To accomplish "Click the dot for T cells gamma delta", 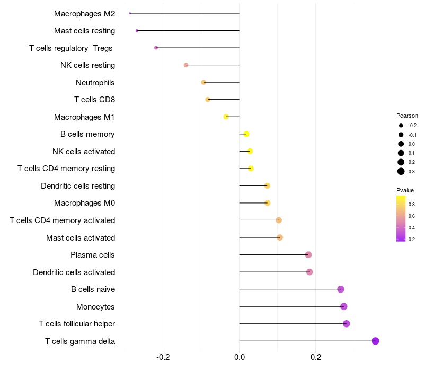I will tap(375, 341).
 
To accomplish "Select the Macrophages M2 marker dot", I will tap(130, 13).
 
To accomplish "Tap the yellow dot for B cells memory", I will tap(246, 134).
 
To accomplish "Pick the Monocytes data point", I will tap(343, 306).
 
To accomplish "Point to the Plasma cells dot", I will tap(308, 255).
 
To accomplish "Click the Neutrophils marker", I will tap(204, 82).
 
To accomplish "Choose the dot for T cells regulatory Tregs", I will tap(156, 48).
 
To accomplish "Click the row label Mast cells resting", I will tap(84, 31).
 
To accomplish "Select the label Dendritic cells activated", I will tap(74, 272).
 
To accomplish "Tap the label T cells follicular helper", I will tap(77, 324).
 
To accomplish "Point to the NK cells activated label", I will tap(84, 152).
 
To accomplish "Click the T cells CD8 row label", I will tap(94, 100).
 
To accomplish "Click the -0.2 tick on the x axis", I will tap(163, 357).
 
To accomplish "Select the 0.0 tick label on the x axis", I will tap(240, 357).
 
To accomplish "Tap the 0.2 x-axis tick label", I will tap(316, 357).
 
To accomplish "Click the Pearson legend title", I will tap(407, 116).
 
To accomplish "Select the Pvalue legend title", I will tap(405, 190).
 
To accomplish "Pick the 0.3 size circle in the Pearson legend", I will tap(401, 171).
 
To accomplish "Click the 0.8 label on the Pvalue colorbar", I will tap(411, 204).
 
